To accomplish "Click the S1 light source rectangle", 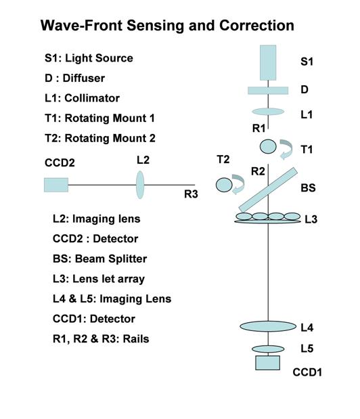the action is [x=268, y=62].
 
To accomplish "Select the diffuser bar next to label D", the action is [x=268, y=90].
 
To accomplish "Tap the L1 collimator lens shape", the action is [x=268, y=112].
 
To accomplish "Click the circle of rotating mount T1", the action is [x=268, y=146].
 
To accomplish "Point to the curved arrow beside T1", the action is [x=288, y=148].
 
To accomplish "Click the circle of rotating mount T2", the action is [x=224, y=185].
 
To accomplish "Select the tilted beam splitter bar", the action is [x=268, y=190].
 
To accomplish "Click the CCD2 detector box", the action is [x=56, y=185].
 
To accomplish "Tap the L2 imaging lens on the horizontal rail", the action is [x=140, y=185].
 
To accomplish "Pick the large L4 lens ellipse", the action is [x=268, y=326].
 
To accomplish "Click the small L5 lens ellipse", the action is [x=268, y=349].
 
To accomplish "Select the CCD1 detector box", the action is [x=267, y=363].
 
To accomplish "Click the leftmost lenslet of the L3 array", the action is [x=244, y=216].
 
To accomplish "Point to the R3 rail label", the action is [x=191, y=194].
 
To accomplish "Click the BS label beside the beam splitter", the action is [x=308, y=188].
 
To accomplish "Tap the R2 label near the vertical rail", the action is [x=258, y=171].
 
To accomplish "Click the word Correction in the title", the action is [x=256, y=26].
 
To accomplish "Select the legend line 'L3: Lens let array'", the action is [x=99, y=279].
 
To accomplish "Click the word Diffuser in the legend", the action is [x=84, y=78].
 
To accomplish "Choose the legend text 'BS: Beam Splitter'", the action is [x=99, y=259].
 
